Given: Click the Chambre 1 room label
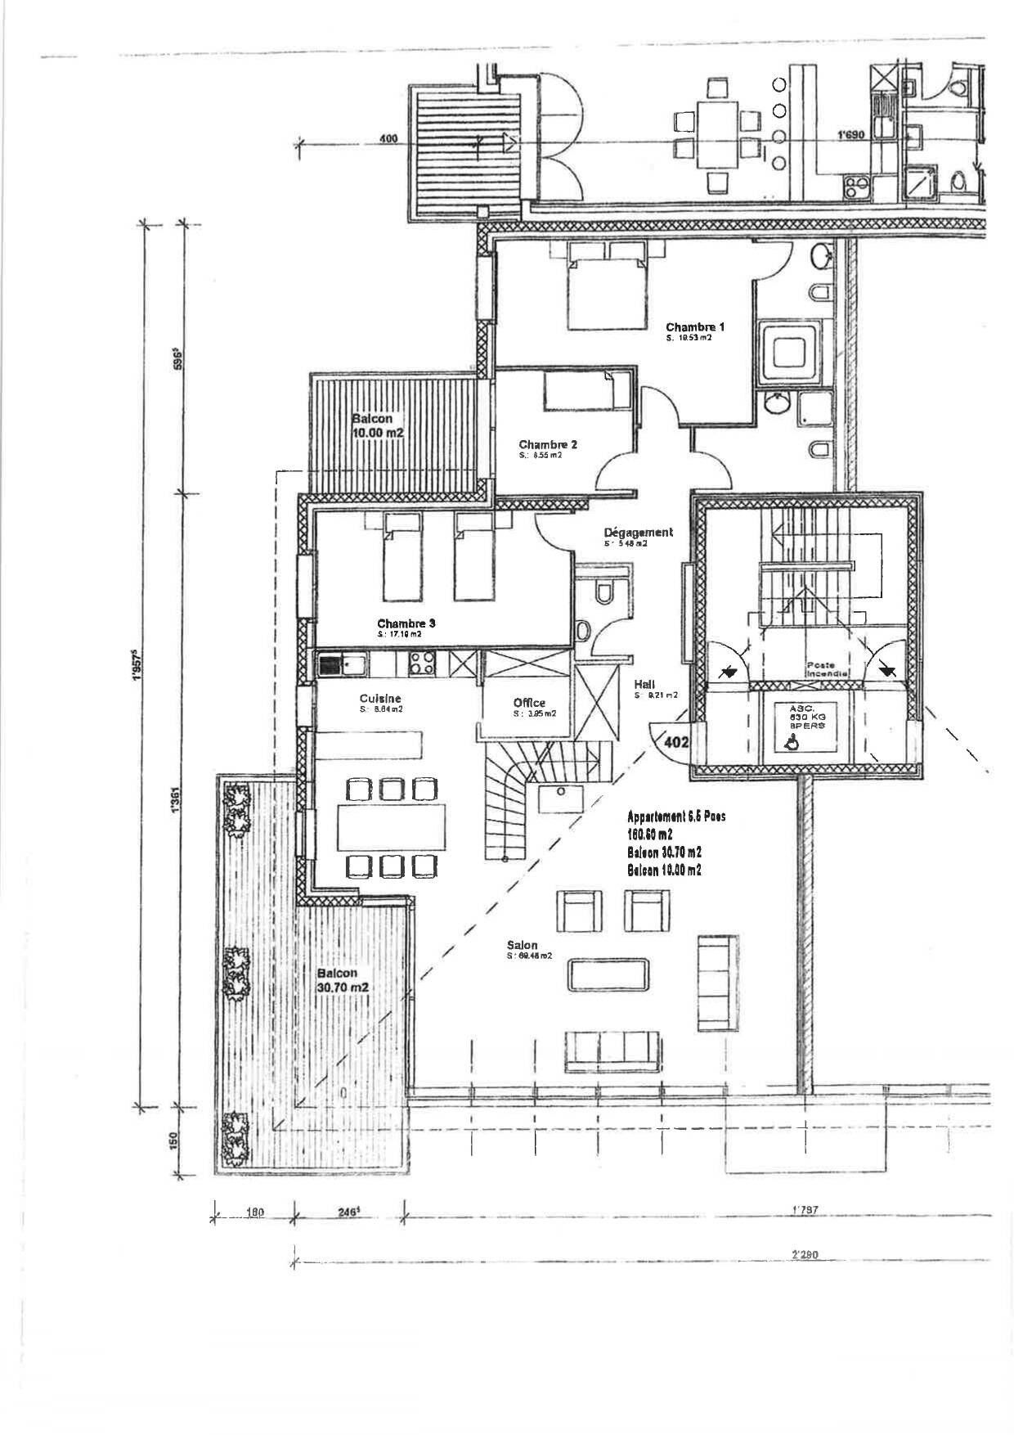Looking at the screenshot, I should (694, 326).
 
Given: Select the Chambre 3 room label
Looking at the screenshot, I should (406, 623).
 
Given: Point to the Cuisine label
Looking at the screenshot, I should (380, 698).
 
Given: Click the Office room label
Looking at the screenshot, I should (529, 703).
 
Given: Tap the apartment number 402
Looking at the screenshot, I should (675, 743).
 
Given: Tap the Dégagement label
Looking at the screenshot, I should (638, 532).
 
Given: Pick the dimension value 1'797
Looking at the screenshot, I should (805, 1208).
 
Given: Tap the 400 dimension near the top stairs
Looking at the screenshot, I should (389, 140).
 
